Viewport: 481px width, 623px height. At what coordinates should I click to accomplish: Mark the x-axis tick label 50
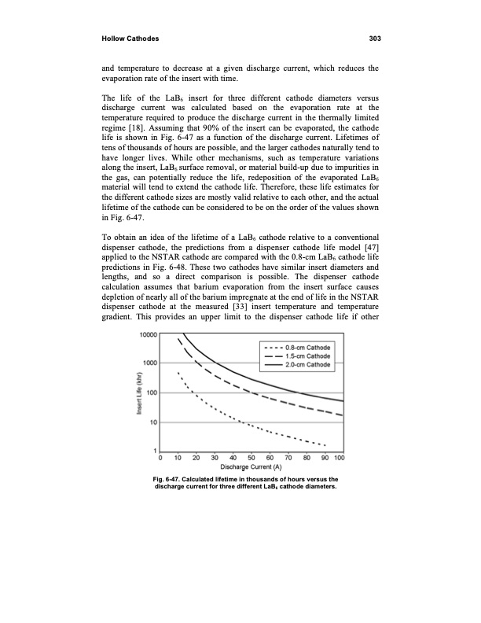point(251,458)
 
